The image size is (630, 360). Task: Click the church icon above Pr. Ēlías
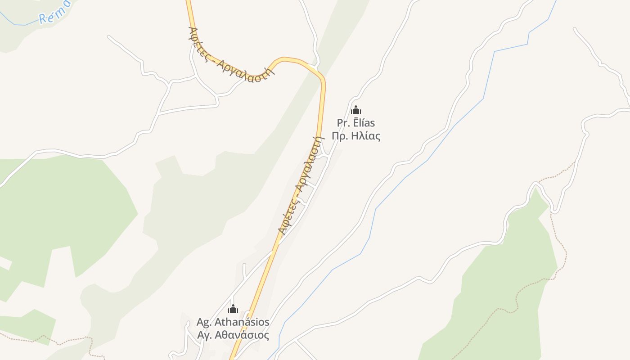coord(356,110)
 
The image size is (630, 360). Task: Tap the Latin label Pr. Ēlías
coord(356,123)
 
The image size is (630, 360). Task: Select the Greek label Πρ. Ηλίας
coord(356,136)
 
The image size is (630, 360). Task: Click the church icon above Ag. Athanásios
coord(233,309)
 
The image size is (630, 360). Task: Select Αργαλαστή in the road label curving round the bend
coord(246,72)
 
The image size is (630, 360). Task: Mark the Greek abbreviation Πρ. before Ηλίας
coord(340,136)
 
